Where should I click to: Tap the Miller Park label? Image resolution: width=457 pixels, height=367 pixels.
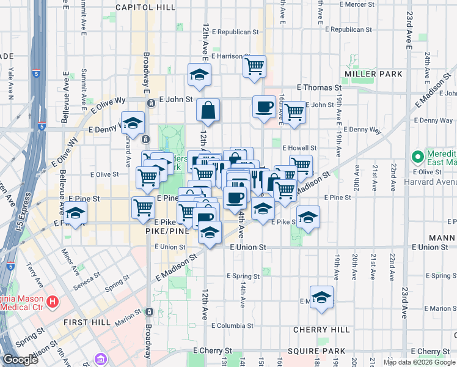coord(373,74)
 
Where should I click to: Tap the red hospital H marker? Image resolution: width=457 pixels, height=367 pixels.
coord(53,302)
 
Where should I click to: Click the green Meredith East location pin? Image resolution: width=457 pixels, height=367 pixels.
coord(418,157)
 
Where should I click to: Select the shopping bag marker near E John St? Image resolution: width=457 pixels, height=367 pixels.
coord(208,111)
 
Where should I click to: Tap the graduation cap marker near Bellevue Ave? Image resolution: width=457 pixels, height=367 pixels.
coord(76,213)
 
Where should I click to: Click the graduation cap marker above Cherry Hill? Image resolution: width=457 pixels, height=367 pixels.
coord(321,297)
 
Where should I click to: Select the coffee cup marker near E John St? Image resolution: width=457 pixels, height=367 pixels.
coord(264,107)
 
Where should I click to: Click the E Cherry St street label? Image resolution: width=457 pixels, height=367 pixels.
coord(214,350)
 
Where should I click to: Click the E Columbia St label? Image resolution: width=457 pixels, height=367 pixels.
coord(232,325)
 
